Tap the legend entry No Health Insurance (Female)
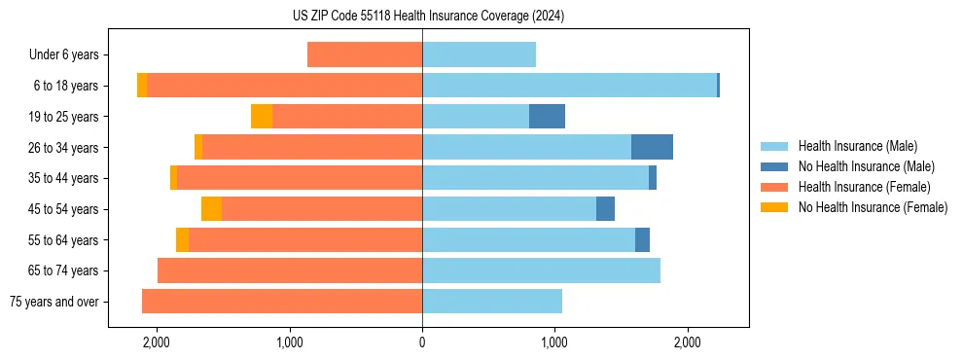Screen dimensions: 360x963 873,207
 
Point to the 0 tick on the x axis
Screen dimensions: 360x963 422,343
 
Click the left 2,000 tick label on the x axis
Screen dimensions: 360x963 157,343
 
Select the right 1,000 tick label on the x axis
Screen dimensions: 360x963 554,343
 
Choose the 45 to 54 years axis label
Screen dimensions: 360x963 64,209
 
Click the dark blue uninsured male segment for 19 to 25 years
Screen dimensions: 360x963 547,117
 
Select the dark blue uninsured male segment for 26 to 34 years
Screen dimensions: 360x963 652,147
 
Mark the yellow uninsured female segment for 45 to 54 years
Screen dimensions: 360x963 211,209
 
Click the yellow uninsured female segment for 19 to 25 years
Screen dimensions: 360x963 262,117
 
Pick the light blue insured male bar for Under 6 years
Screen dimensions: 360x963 479,55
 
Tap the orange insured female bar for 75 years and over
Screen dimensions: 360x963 282,302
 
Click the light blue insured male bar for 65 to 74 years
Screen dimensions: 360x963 541,270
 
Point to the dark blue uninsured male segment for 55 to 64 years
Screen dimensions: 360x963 642,239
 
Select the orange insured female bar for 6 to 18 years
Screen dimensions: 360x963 284,86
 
